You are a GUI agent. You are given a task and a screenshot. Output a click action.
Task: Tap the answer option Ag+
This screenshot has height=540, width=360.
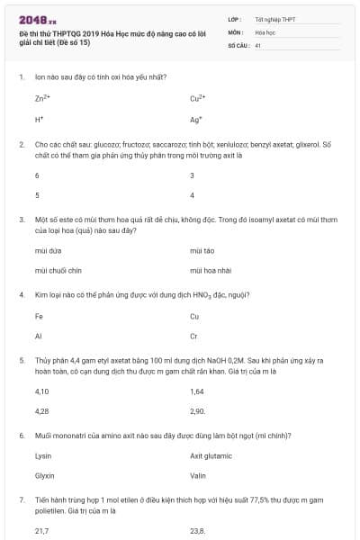point(196,119)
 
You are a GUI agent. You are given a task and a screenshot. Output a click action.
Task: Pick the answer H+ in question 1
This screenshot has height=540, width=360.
point(40,119)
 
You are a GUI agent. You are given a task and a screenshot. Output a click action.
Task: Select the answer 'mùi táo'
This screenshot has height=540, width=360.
point(202,249)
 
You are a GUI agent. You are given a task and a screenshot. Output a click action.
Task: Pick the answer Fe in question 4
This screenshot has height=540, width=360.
point(39,316)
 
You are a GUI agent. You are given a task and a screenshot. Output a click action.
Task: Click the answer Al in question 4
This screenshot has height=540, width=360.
point(38,336)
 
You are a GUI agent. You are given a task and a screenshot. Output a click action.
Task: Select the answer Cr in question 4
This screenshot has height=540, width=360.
point(193,336)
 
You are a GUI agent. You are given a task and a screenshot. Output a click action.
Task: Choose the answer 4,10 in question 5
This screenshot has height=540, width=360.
point(41,391)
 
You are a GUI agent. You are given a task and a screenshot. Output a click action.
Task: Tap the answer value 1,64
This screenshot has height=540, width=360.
point(198,391)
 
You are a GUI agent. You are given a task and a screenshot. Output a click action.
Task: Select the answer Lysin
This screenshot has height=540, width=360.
point(43,455)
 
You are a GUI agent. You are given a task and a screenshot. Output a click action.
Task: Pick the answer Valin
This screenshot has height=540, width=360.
point(199,475)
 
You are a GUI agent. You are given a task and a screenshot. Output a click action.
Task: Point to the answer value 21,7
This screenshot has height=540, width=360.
point(41,531)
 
